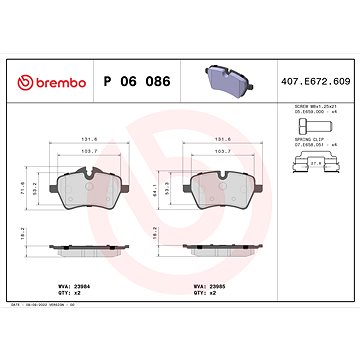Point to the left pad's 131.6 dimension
pos(90,140)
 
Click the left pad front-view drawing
pos(93,190)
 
